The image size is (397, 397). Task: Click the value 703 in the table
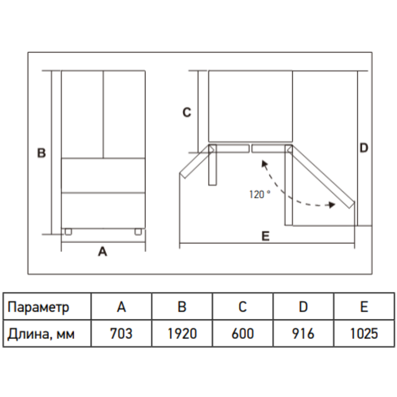pyautogui.click(x=121, y=333)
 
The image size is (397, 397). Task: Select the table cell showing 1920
pyautogui.click(x=182, y=333)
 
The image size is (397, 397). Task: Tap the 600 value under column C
pyautogui.click(x=243, y=333)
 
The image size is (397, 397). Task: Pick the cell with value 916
pyautogui.click(x=303, y=333)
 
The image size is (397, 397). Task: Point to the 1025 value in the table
pyautogui.click(x=364, y=333)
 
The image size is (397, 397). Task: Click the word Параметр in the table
pyautogui.click(x=38, y=307)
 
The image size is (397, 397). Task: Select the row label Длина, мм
pyautogui.click(x=41, y=334)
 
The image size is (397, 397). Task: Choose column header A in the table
pyautogui.click(x=121, y=307)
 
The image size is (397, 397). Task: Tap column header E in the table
pyautogui.click(x=364, y=307)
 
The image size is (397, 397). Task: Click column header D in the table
pyautogui.click(x=303, y=307)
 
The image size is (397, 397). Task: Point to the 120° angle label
pyautogui.click(x=260, y=195)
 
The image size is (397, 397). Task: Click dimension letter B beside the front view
pyautogui.click(x=41, y=153)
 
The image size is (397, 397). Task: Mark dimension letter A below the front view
pyautogui.click(x=102, y=251)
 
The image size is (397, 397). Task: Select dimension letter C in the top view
pyautogui.click(x=187, y=112)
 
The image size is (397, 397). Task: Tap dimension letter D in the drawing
pyautogui.click(x=364, y=148)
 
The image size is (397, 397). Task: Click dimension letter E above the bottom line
pyautogui.click(x=266, y=236)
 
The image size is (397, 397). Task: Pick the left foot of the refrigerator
pyautogui.click(x=68, y=232)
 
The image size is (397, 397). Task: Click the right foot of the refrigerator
pyautogui.click(x=138, y=232)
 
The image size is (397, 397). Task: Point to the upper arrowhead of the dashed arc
pyautogui.click(x=264, y=164)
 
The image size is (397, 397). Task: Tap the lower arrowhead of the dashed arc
pyautogui.click(x=332, y=205)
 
